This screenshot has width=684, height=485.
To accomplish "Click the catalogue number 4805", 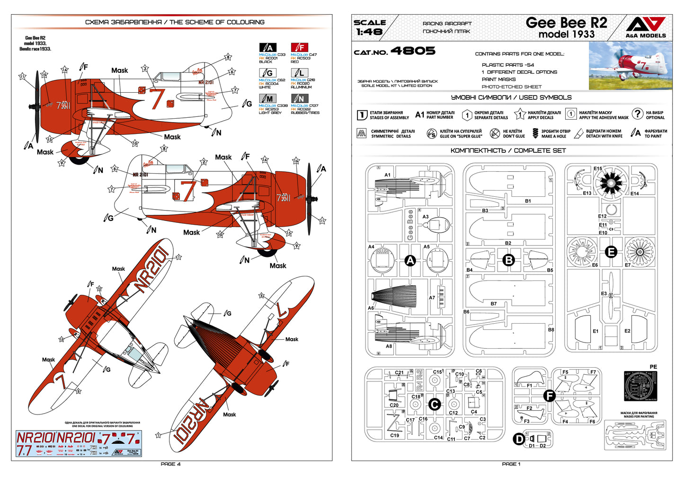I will coord(413,51).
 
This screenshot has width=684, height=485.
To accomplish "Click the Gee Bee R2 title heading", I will coord(566,23).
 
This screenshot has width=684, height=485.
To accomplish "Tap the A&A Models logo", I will coord(646,27).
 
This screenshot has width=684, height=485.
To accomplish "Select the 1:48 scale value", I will coord(369,32).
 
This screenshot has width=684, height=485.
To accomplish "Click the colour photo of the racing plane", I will coord(630,66).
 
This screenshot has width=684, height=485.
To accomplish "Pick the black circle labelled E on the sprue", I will coord(611,252).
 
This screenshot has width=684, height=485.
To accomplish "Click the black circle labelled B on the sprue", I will coord(508,260).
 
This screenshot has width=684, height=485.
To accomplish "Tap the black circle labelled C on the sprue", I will coord(434,404).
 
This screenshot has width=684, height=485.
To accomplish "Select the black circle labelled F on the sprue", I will coord(549,396).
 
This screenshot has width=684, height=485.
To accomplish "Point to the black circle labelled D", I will coord(519,439).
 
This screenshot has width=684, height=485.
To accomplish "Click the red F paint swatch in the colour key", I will coord(299,47).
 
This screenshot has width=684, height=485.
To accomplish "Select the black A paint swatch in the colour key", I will coord(267,47).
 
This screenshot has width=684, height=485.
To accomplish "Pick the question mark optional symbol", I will coord(638,114).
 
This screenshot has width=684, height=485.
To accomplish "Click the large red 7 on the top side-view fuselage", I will coord(156,98).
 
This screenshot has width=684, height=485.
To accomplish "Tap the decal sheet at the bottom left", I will coord(79,443).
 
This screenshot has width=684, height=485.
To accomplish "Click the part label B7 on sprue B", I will coord(494,304).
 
